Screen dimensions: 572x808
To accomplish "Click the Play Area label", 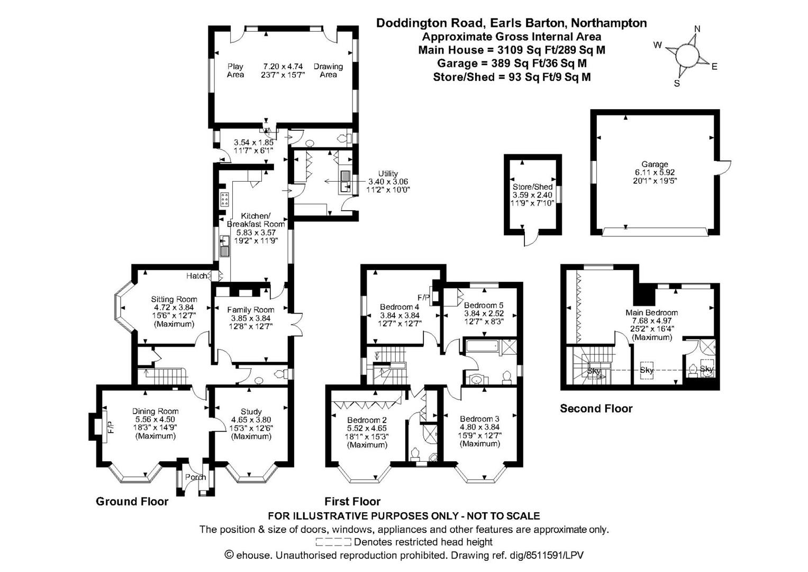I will pos(235,70).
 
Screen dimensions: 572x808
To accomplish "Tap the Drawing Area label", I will pos(328,70).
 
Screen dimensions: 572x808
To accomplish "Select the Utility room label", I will pos(388,174).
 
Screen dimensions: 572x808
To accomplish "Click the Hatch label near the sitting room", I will pos(197,276).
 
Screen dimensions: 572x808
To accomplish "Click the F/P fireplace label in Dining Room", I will pos(111,426).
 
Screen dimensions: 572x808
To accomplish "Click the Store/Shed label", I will pos(532,187).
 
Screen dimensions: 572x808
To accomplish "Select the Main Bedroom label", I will pos(651,312).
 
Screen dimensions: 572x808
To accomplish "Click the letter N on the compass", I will pos(697,30).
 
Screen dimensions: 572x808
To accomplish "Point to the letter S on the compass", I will pos(677,83).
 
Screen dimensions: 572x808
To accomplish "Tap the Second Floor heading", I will pos(596,408).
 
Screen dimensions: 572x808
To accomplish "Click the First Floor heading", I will pos(352,501).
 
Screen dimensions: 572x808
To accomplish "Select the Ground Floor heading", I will pos(132,501).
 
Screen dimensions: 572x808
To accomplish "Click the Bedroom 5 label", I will pos(484,305).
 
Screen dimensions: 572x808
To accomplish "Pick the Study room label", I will pos(251,412).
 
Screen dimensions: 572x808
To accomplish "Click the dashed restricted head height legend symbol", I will pos(333,542).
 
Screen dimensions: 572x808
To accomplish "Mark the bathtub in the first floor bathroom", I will pos(480,347).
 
